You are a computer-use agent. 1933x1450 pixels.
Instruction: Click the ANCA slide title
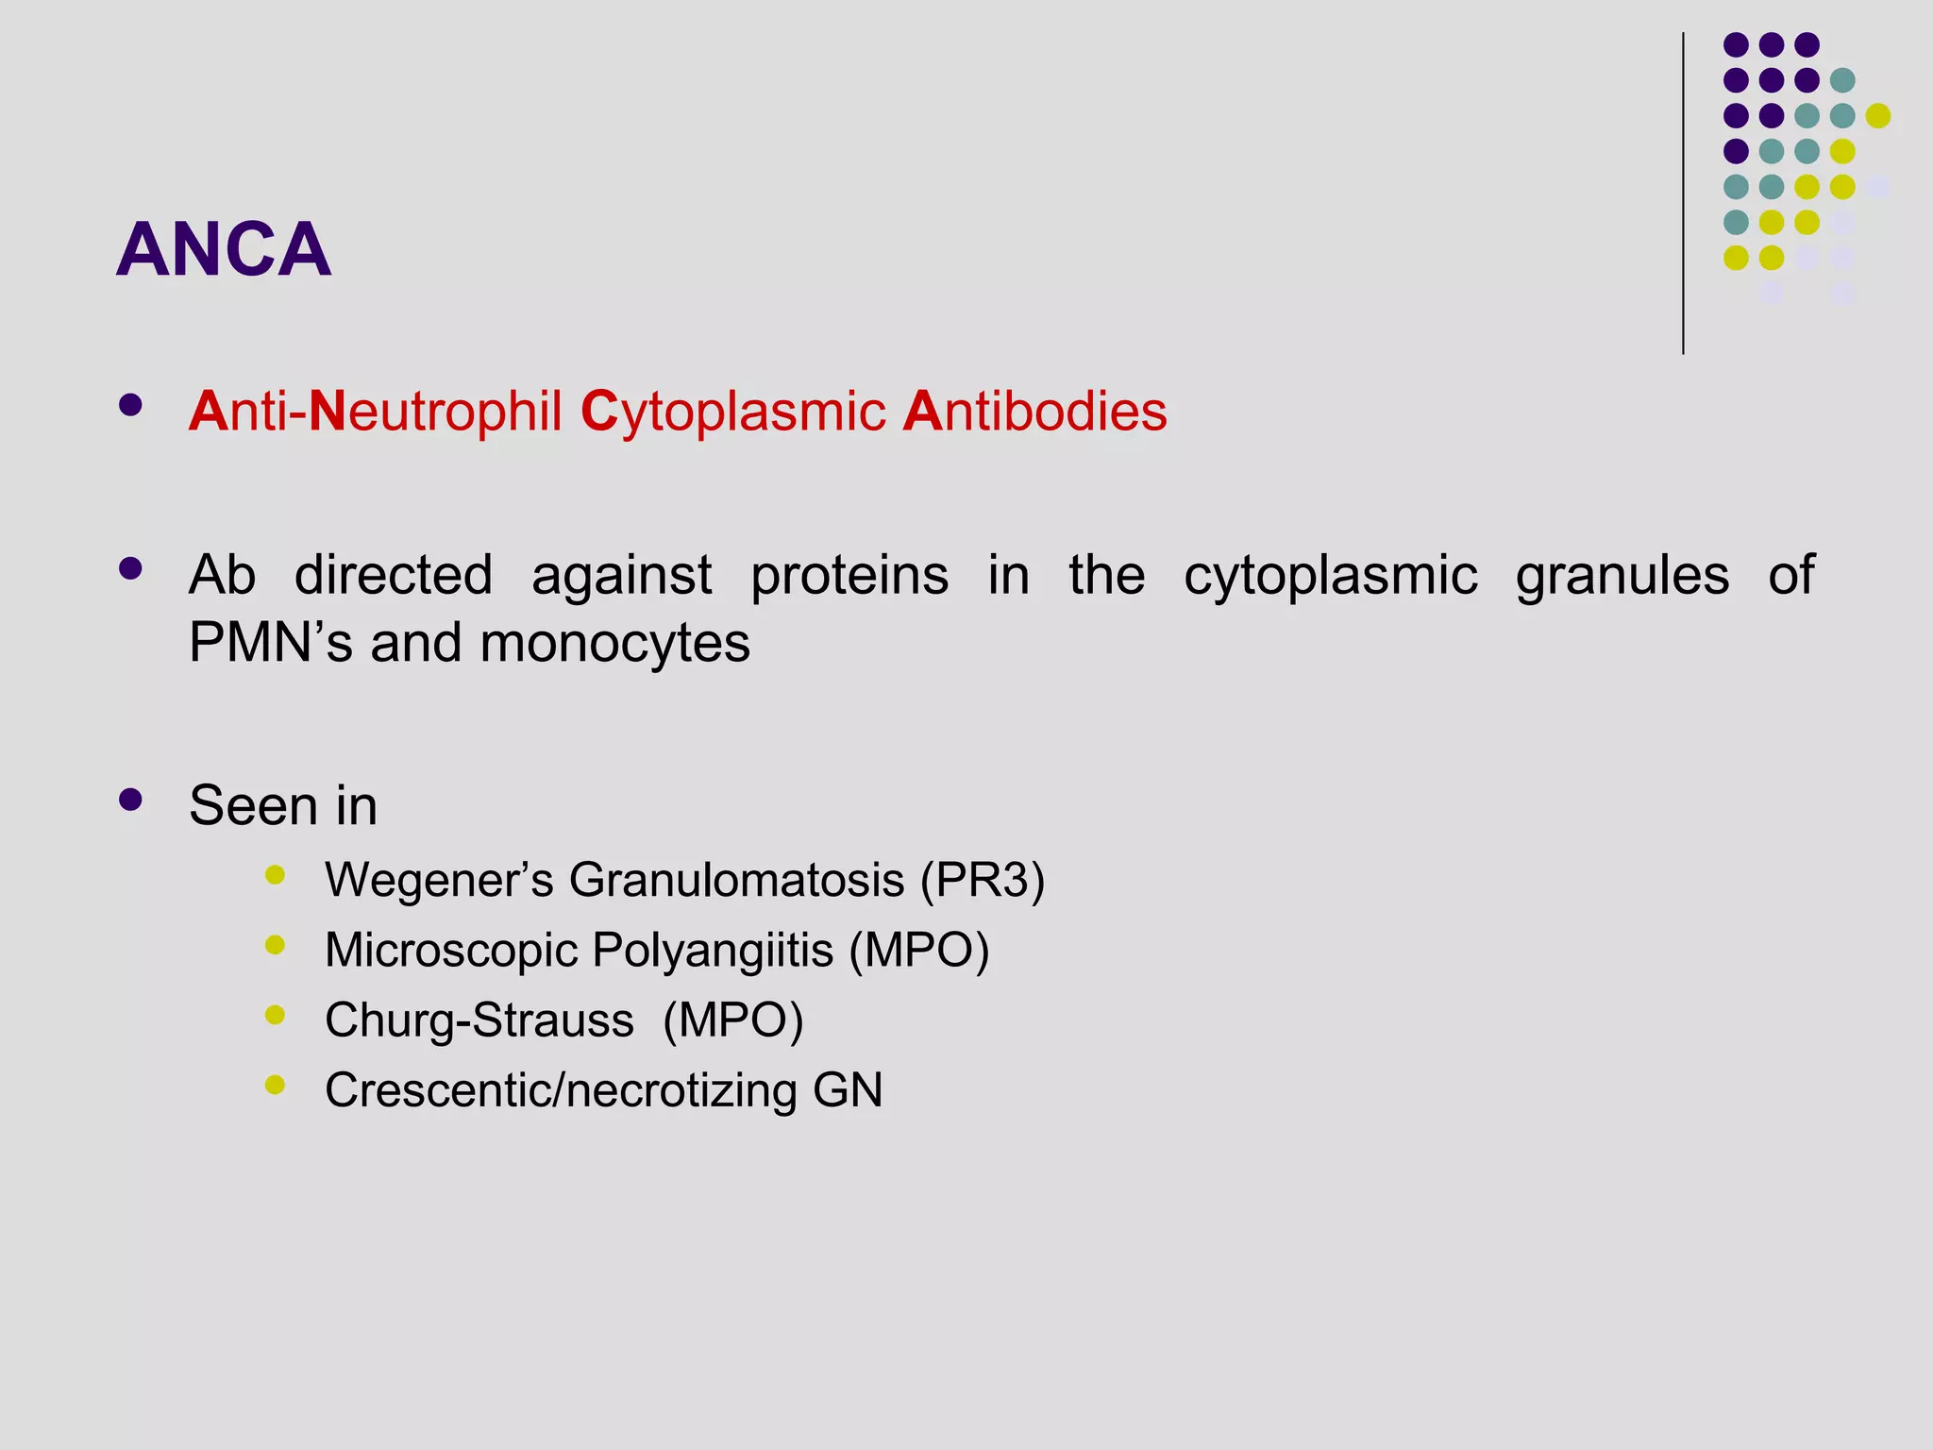(224, 249)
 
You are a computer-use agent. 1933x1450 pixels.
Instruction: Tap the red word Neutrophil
(435, 412)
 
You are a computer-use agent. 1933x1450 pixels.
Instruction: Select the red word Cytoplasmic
(733, 412)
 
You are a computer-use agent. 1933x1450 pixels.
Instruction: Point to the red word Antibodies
(1034, 412)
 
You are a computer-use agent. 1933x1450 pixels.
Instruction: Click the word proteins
(849, 575)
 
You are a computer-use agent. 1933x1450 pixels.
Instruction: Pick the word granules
(1622, 577)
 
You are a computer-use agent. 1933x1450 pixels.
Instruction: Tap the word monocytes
(614, 643)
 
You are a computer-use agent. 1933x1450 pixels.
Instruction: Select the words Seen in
(283, 805)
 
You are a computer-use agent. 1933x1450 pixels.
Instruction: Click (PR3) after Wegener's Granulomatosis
(983, 880)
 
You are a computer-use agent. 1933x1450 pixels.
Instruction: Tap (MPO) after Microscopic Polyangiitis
(919, 950)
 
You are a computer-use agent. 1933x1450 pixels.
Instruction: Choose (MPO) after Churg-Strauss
(733, 1020)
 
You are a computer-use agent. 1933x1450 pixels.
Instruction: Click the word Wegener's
(439, 880)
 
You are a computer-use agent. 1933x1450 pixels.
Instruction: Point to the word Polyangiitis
(713, 950)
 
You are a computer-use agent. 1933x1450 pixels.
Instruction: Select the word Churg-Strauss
(479, 1020)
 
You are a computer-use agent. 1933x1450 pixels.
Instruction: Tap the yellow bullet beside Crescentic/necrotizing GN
(276, 1085)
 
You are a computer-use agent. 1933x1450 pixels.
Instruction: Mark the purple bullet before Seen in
(131, 801)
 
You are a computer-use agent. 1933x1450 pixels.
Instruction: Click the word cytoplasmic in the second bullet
(1331, 575)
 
